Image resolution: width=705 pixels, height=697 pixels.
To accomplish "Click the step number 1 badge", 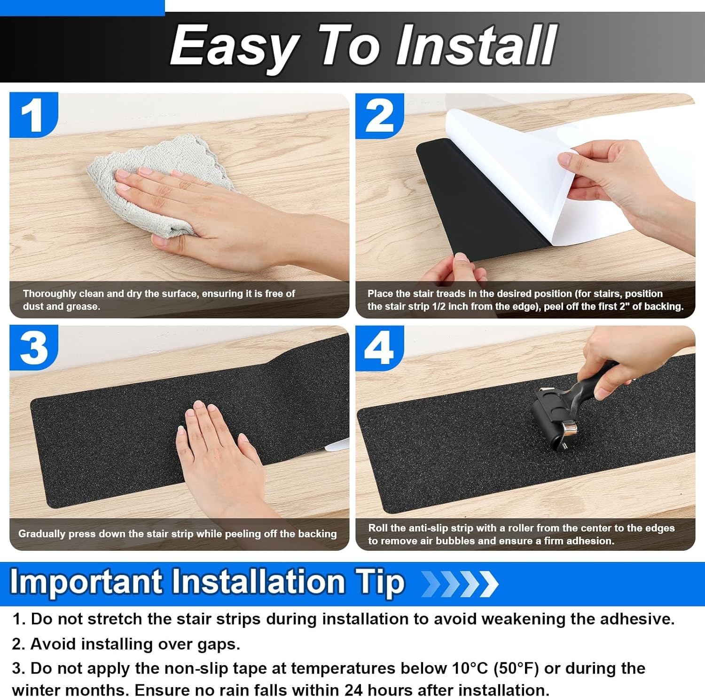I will [x=33, y=115].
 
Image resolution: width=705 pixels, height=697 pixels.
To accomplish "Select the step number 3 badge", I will [x=33, y=348].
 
